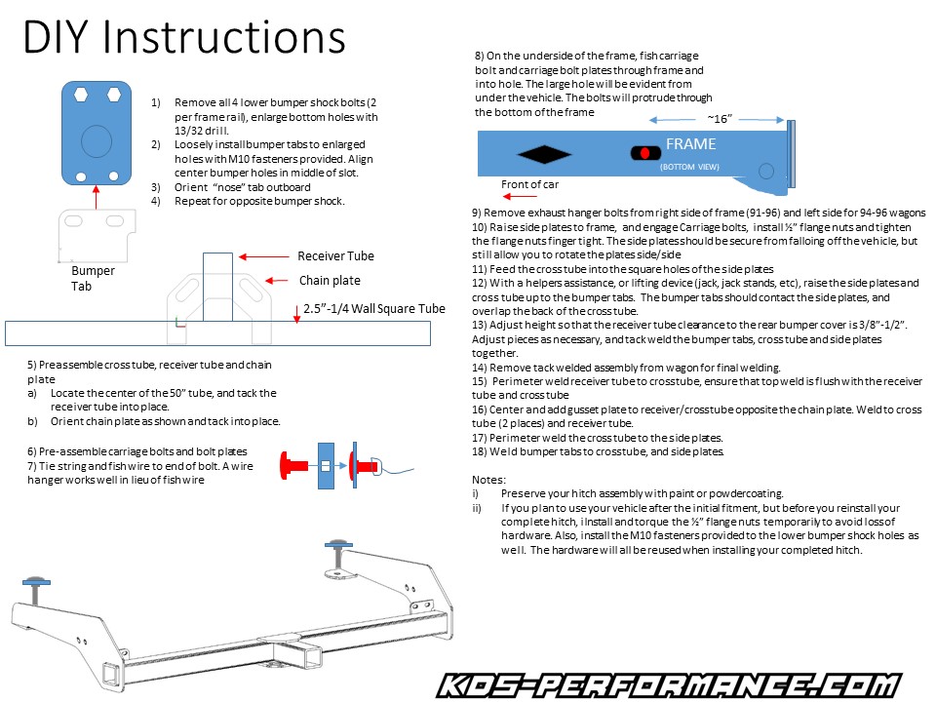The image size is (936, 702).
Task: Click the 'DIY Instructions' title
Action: [x=184, y=38]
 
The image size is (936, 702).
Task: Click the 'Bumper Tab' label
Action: [x=93, y=278]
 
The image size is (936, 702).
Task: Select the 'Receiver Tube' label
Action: [x=335, y=256]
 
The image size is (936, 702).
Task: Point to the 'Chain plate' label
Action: [x=330, y=280]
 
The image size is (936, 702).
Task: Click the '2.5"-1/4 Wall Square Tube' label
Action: [x=373, y=309]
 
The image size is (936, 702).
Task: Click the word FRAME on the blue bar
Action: [x=690, y=144]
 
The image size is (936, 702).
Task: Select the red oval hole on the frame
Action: [x=644, y=153]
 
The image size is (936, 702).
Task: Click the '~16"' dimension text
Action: [x=720, y=118]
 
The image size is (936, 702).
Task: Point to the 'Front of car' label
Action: [x=529, y=184]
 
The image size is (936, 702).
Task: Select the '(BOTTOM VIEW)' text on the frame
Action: [x=690, y=167]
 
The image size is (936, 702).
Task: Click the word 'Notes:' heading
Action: [x=488, y=480]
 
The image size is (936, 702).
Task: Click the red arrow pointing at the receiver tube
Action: [x=262, y=257]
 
